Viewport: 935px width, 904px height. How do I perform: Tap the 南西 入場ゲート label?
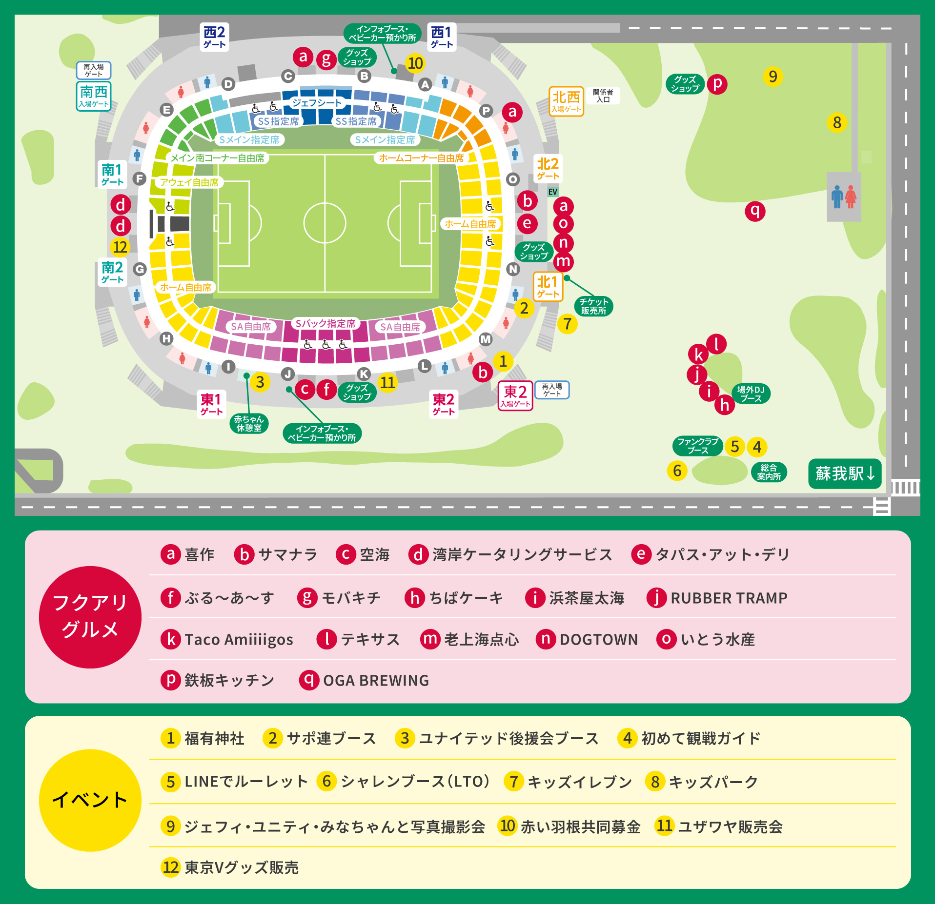[x=94, y=96]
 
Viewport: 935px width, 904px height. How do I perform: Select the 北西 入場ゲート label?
[x=566, y=101]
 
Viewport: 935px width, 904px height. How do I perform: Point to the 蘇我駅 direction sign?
[x=845, y=473]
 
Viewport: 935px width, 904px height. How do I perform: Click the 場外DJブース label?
[x=751, y=394]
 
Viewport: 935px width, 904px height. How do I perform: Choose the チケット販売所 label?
[x=593, y=306]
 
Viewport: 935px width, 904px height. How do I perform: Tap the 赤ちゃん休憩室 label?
[x=249, y=423]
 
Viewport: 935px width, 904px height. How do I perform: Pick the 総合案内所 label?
[x=769, y=472]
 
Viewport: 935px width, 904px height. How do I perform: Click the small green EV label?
[x=552, y=192]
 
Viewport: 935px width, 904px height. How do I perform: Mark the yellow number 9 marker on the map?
[x=772, y=77]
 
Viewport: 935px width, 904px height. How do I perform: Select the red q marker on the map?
[x=755, y=211]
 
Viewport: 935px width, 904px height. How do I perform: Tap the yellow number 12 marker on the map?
[x=120, y=247]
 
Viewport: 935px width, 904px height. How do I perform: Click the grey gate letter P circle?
[x=486, y=111]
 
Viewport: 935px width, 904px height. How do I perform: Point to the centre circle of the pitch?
[x=325, y=223]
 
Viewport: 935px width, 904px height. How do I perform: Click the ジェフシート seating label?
[x=317, y=103]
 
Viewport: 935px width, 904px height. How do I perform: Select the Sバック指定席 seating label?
[x=325, y=323]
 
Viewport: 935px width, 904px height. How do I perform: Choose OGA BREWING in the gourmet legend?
[x=375, y=680]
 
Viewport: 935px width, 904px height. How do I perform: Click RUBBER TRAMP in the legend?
[x=729, y=598]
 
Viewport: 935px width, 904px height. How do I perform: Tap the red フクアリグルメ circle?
[x=90, y=617]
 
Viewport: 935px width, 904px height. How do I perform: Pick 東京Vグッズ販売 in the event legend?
[x=241, y=867]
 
